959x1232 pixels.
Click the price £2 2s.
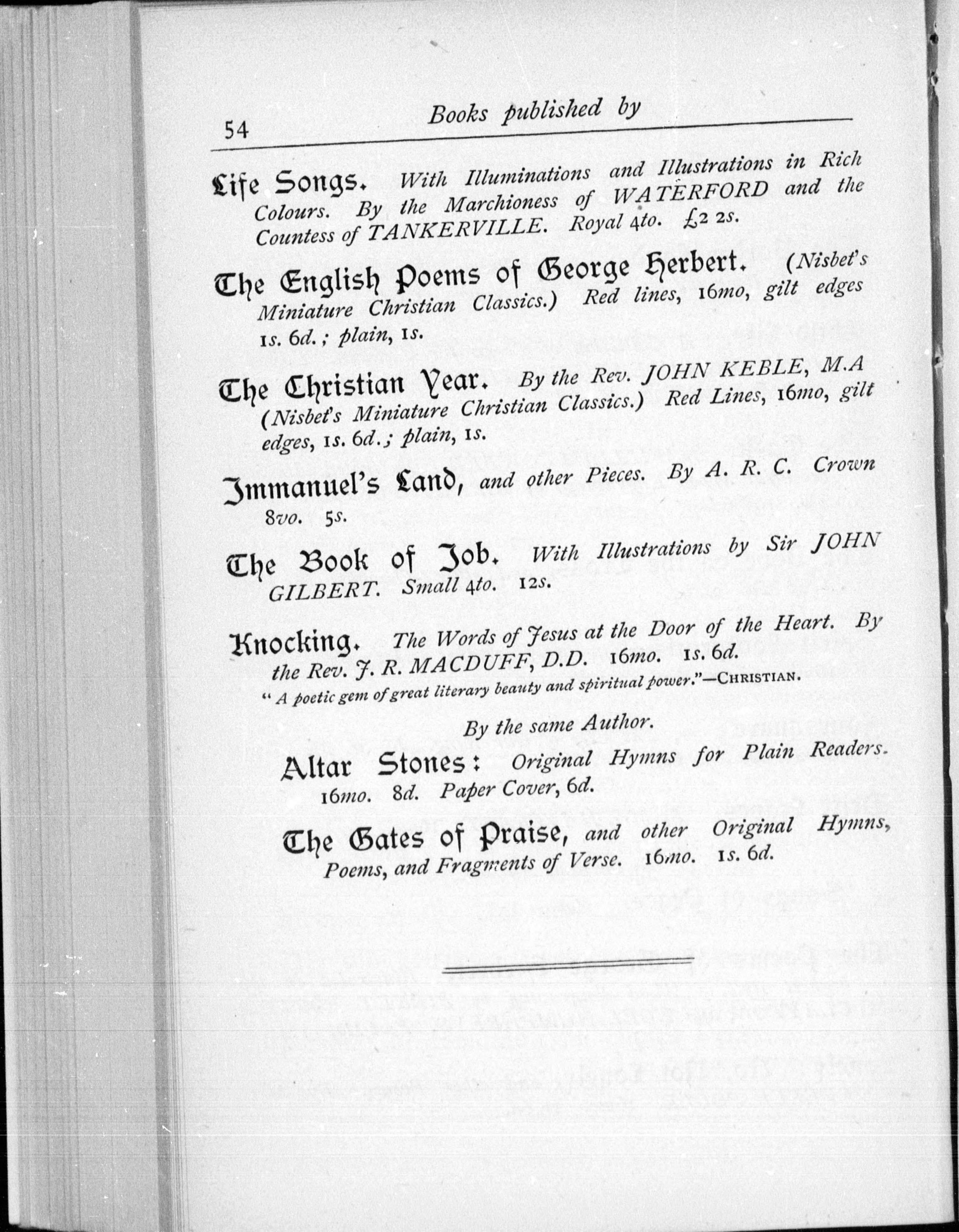coord(708,219)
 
